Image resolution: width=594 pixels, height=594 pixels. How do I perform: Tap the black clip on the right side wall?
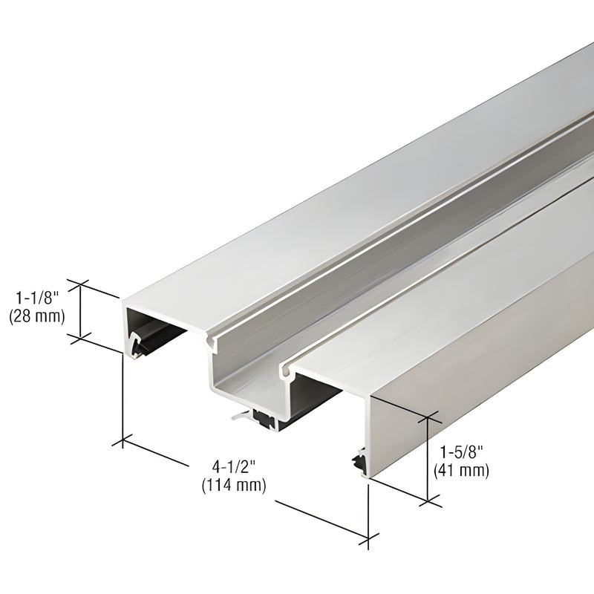point(360,460)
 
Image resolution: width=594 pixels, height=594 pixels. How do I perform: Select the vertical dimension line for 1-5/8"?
point(428,460)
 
